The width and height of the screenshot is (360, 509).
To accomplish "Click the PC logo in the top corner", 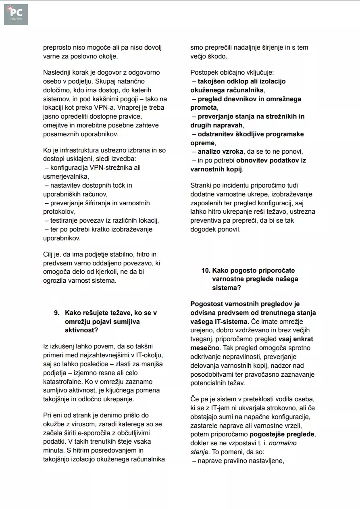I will (x=16, y=15).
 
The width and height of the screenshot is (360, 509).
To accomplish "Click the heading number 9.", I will (x=57, y=313).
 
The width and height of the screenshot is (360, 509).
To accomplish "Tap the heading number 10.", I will (x=206, y=270).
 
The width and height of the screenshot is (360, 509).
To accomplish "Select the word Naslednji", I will (x=57, y=73).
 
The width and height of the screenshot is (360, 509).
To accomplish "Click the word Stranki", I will (x=201, y=186).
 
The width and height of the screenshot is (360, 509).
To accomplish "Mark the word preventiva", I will (x=207, y=221).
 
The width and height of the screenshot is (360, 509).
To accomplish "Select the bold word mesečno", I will (x=205, y=348).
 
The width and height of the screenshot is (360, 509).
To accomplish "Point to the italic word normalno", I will (x=283, y=443).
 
